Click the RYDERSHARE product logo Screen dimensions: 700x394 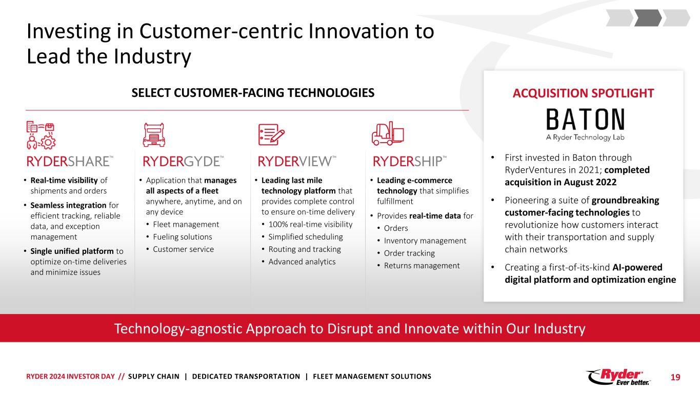(x=70, y=162)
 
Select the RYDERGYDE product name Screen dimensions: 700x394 (x=183, y=162)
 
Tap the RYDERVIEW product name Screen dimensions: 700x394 (x=296, y=162)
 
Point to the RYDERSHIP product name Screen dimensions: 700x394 (x=409, y=162)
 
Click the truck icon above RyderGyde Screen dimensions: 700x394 (x=154, y=135)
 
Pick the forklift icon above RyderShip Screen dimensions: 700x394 (x=388, y=133)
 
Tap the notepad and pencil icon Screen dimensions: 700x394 (x=271, y=134)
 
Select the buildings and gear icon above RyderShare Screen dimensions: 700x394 (x=41, y=135)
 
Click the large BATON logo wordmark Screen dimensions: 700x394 (x=585, y=119)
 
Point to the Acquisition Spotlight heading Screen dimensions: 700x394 (x=583, y=93)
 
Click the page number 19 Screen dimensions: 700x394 (x=675, y=377)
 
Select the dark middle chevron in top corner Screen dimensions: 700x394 (x=648, y=17)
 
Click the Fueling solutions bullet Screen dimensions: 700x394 (x=183, y=237)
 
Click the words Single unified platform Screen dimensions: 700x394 (x=72, y=251)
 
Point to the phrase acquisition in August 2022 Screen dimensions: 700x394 (x=561, y=182)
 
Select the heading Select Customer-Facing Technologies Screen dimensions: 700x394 (x=253, y=93)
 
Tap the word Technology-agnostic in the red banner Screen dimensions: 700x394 (x=178, y=329)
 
